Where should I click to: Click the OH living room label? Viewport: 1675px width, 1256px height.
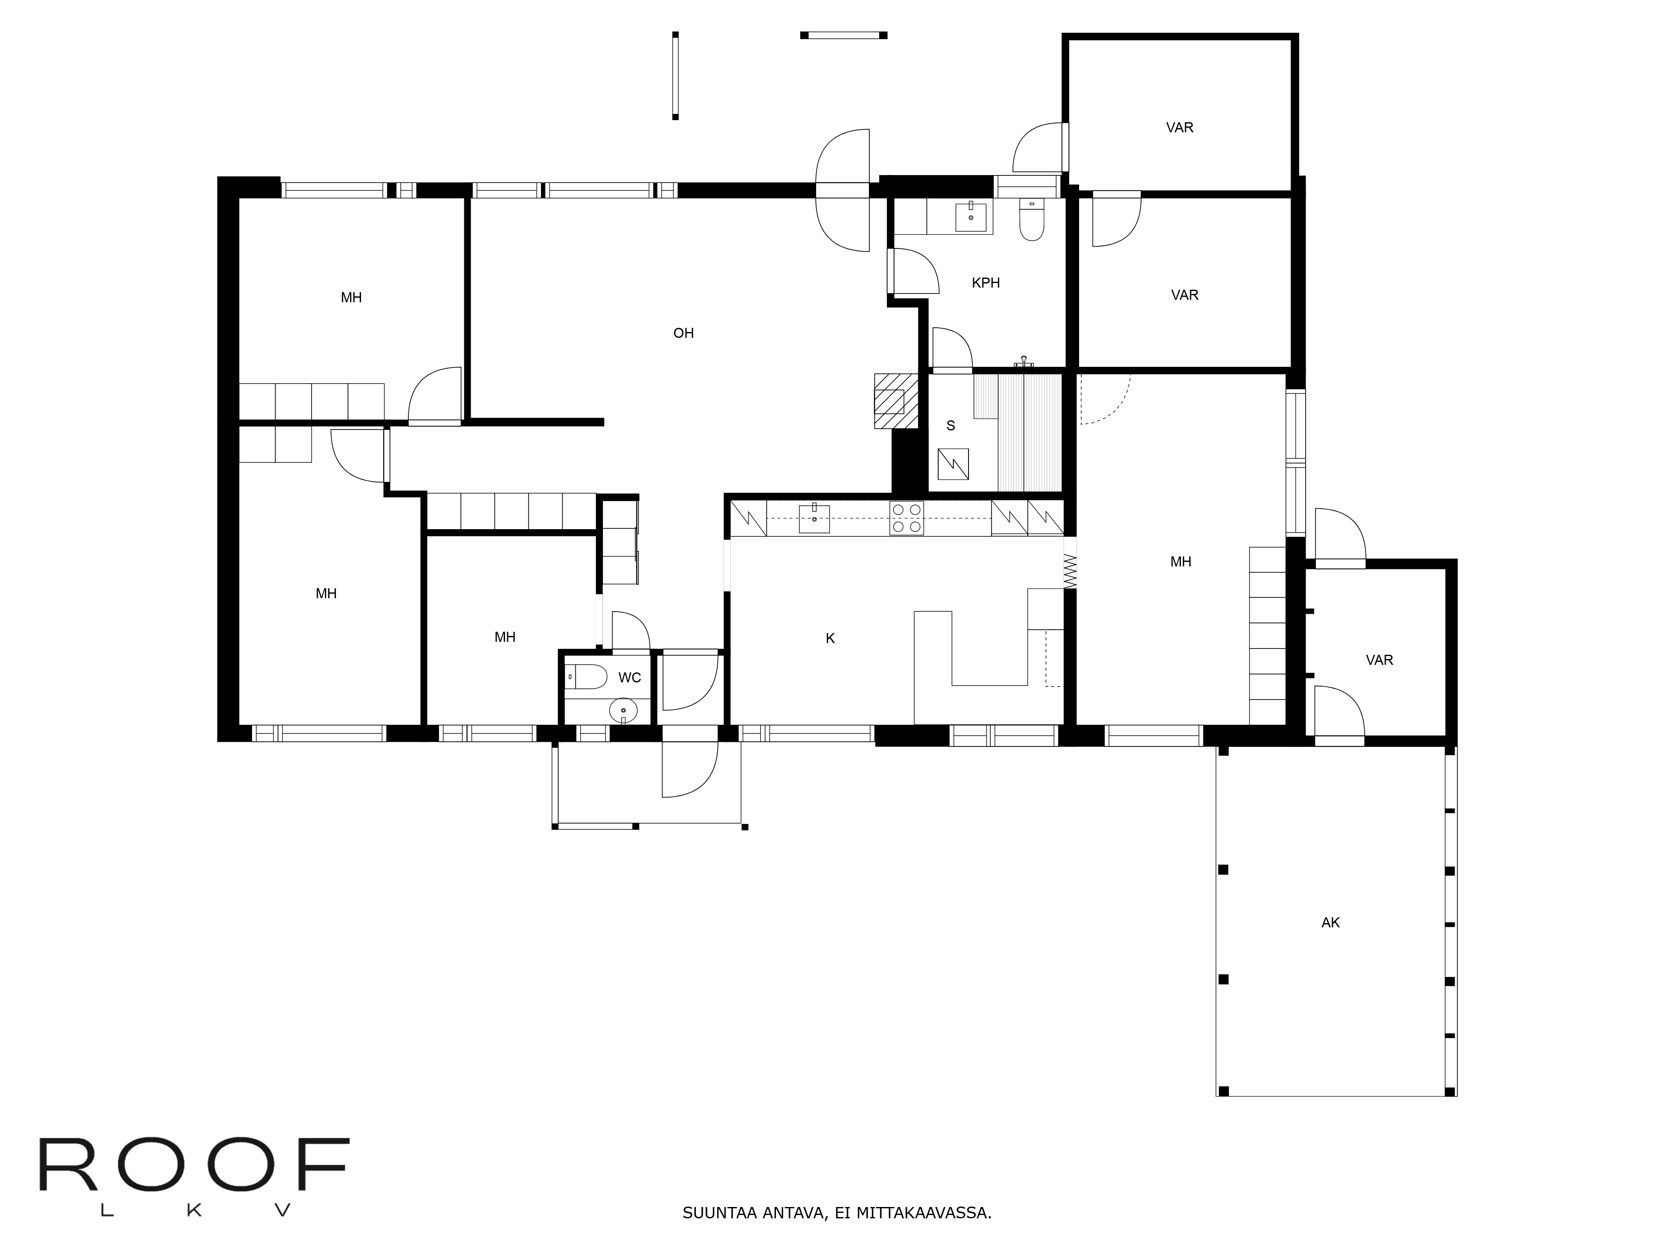(683, 333)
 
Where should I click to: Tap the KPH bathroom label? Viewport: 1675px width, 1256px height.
(985, 283)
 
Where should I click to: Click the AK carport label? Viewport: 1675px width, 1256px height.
(1330, 923)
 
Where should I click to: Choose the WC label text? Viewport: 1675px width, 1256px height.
(629, 677)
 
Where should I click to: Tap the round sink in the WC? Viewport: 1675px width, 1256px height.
(623, 711)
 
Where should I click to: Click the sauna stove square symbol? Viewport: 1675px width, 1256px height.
(953, 464)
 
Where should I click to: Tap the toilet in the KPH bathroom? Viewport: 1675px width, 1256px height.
(1031, 219)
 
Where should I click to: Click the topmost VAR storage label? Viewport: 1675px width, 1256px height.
(1180, 128)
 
